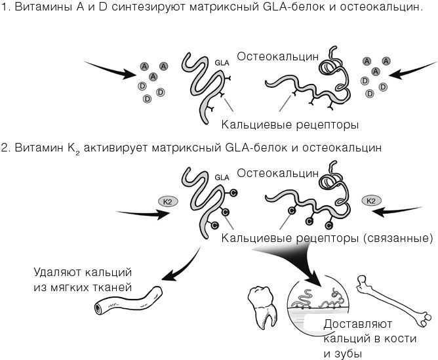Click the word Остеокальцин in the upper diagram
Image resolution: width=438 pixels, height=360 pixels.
click(278, 56)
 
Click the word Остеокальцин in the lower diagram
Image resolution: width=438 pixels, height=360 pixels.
click(278, 173)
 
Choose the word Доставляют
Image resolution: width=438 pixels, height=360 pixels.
click(357, 324)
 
